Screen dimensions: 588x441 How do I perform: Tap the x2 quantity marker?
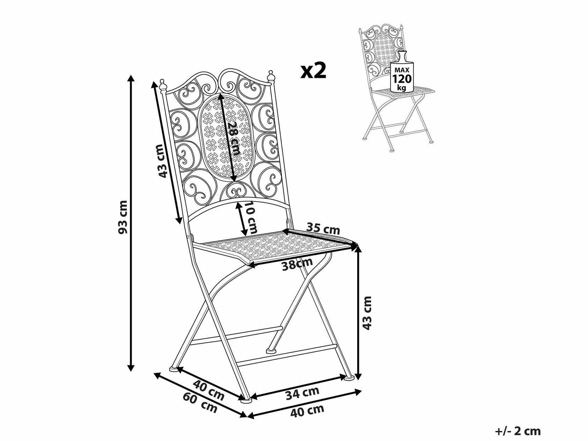[x=314, y=71]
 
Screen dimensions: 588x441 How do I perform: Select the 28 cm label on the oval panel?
[x=234, y=138]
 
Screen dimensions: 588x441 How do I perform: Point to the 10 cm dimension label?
[x=251, y=218]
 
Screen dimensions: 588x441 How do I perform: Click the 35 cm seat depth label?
[x=323, y=228]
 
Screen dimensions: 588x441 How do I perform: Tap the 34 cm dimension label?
[x=302, y=393]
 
